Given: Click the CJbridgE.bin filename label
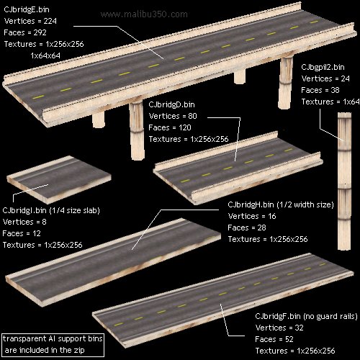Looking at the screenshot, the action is click(27, 10).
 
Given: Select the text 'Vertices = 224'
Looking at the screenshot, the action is click(30, 21).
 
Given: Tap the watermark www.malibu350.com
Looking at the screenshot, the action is click(144, 14).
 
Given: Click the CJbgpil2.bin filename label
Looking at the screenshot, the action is click(323, 67).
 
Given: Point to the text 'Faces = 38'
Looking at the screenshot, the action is click(320, 90).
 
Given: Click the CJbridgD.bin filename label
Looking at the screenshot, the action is click(171, 104).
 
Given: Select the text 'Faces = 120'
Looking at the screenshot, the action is click(170, 127).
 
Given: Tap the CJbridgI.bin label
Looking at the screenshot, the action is click(24, 210).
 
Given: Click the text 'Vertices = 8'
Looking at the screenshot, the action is click(24, 222).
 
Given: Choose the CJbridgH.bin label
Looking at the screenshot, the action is click(251, 204).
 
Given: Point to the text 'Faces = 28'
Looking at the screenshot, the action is click(247, 228).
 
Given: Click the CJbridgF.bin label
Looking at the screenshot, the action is click(278, 316).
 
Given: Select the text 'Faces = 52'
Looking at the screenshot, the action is click(274, 339).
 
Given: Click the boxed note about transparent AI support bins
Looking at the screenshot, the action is click(53, 345).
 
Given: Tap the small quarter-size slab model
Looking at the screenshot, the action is click(59, 179).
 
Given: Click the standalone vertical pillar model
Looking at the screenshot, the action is click(344, 181).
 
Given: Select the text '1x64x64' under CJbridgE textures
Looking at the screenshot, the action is click(45, 55).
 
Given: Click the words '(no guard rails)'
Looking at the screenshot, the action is click(330, 316).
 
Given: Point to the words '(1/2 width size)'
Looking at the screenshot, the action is click(305, 204).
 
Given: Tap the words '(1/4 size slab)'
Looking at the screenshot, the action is click(74, 210).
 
